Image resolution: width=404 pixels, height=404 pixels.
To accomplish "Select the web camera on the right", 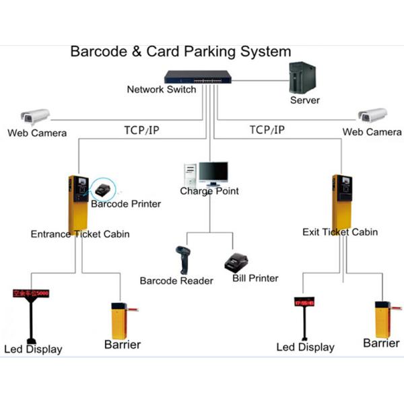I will point(372,116).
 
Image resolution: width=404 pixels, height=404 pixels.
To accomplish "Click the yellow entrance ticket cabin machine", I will point(78,201).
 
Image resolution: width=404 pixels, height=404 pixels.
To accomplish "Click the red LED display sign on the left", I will point(31,294).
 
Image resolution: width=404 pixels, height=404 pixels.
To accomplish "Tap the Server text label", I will point(305,100).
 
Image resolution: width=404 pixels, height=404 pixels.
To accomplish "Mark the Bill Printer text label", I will point(255,277).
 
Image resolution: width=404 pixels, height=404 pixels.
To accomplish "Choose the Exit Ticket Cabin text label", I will point(340,232).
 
